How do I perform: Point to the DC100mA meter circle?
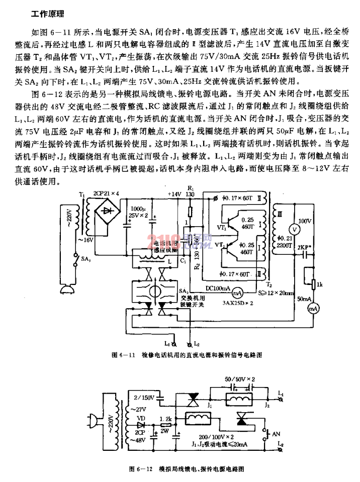(x=240, y=291)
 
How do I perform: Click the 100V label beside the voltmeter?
(x=306, y=220)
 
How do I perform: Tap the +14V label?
(x=174, y=193)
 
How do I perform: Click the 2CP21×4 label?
(x=107, y=193)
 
